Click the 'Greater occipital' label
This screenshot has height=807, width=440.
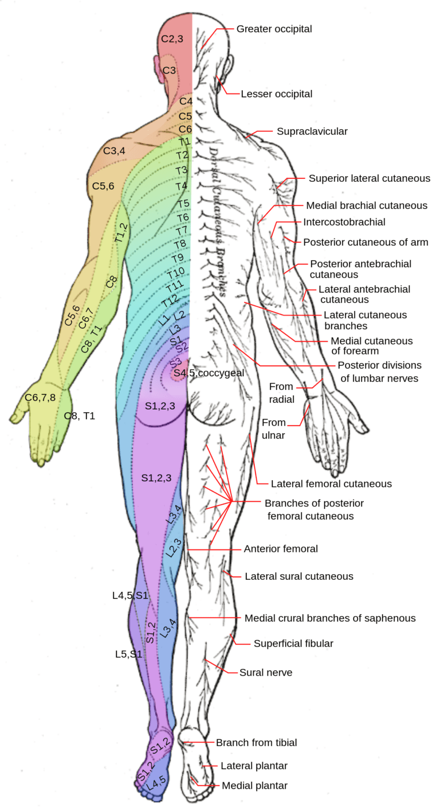pos(274,29)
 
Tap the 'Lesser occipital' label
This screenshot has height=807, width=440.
pos(276,93)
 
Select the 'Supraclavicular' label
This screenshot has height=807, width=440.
pos(312,131)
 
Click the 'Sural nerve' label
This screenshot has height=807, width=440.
pos(266,672)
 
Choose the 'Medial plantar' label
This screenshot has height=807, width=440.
pos(254,785)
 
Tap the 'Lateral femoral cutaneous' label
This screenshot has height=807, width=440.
pos(331,484)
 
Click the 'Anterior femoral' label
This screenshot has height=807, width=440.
pos(281,549)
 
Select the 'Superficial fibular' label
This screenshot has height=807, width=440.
pos(293,644)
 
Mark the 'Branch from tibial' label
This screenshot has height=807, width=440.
pos(256,743)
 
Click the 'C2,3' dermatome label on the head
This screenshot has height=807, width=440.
pos(172,38)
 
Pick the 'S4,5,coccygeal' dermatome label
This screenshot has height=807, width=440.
pos(209,373)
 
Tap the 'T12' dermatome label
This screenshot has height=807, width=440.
pos(170,299)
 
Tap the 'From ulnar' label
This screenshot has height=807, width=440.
pos(273,427)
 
